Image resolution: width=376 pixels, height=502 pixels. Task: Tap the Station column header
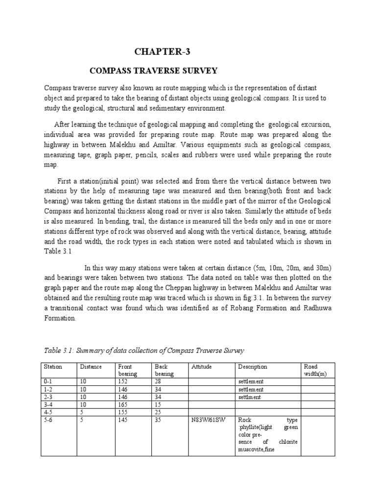53,366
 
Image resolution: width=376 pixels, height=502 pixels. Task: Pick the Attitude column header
202,366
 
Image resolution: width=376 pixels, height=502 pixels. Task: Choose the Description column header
253,366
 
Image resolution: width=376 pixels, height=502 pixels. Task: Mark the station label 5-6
49,420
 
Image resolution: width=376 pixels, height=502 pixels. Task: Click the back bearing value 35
158,420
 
